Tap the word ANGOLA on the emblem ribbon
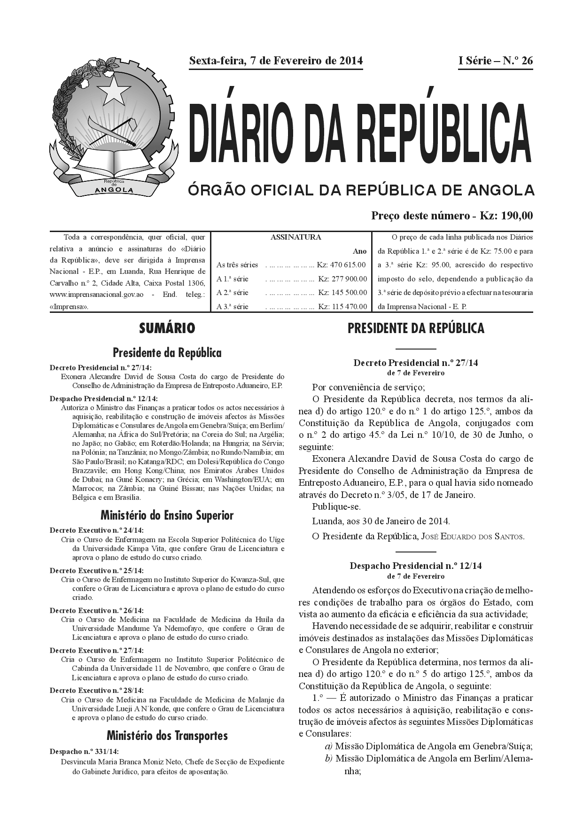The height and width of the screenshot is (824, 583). [114, 190]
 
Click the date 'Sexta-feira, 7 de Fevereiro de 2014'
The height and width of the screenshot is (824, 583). [276, 61]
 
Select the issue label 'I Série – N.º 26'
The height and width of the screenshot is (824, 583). [495, 61]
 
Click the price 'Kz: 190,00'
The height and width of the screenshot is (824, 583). [506, 216]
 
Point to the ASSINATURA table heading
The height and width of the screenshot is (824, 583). [295, 237]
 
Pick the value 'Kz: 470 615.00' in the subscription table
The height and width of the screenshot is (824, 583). [342, 265]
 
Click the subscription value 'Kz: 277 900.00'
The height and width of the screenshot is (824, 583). [342, 279]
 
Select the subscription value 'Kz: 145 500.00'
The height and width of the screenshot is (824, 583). [342, 292]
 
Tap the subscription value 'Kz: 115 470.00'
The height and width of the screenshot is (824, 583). [342, 307]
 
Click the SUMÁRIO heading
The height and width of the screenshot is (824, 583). [167, 328]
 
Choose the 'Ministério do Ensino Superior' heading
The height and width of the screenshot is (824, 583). [167, 515]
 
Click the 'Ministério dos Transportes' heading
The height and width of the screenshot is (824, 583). [167, 736]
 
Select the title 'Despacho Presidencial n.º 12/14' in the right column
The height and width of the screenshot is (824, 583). [416, 566]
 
